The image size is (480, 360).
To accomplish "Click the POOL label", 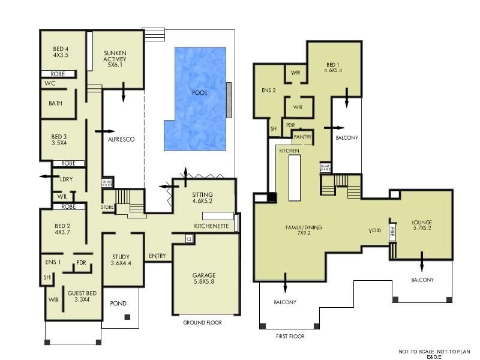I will click(200, 94).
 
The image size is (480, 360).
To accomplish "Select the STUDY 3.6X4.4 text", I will click(121, 259).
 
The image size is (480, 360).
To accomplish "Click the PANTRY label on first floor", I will click(303, 137).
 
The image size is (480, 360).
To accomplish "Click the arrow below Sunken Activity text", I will click(124, 92).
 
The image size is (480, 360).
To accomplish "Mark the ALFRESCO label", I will click(121, 139).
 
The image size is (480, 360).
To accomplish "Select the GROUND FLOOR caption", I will click(202, 323).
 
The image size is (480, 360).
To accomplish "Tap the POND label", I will click(119, 304).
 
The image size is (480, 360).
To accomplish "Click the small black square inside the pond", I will click(127, 317).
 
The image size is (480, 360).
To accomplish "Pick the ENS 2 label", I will click(269, 91).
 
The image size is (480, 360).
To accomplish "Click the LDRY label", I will click(67, 178).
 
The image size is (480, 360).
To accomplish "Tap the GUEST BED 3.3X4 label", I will click(82, 296).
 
